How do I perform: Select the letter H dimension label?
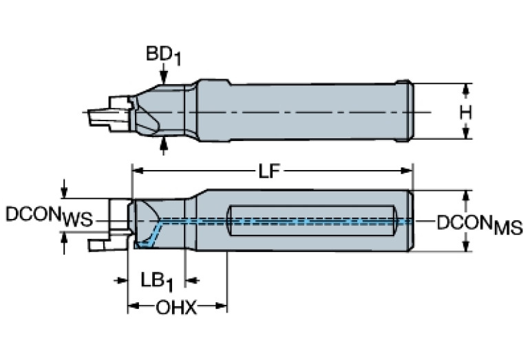coord(466,112)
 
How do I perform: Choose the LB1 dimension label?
coord(156,281)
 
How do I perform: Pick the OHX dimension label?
coord(176,308)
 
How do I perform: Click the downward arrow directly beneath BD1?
coord(163,77)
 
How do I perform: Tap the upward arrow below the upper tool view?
coord(163,143)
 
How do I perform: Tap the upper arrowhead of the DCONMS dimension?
coord(467,195)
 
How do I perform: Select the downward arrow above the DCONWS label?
coord(64,191)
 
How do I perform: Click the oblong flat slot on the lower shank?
coord(313,220)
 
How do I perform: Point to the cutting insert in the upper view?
coord(103,115)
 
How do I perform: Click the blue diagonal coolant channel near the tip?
coord(153,233)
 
